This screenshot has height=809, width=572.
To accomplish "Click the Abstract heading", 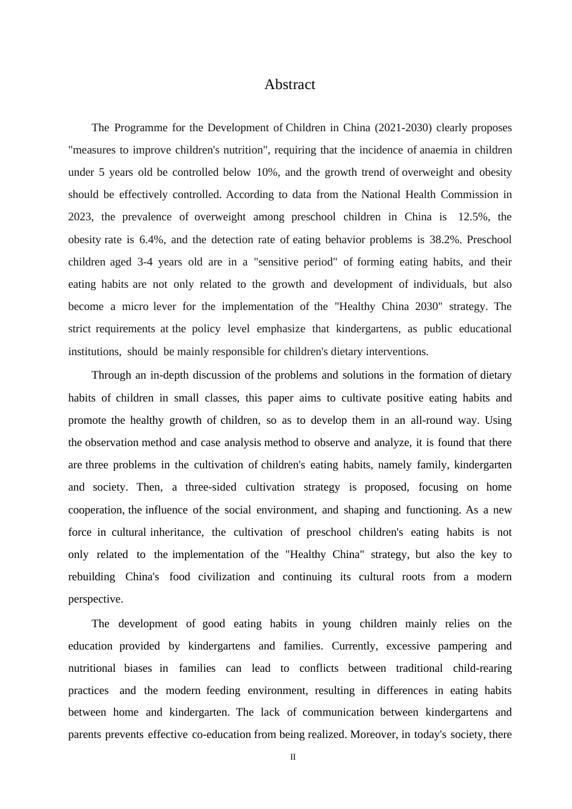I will (290, 85).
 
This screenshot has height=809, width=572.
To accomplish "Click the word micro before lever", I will (135, 306).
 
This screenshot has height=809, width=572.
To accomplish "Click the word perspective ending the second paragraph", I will (95, 599).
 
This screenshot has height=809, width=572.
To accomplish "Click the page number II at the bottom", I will (293, 757).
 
